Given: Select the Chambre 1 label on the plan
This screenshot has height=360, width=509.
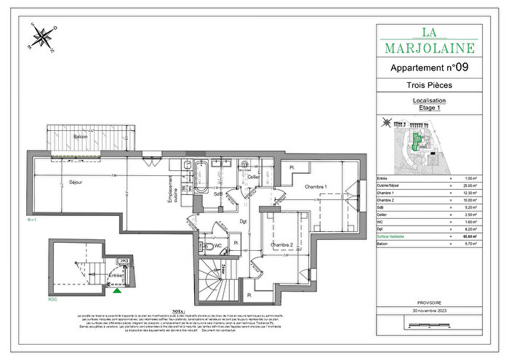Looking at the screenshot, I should [x=315, y=187].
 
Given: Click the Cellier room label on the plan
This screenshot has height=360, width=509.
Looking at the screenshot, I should [x=254, y=177].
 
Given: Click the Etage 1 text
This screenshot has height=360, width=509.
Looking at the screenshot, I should [x=428, y=108].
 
